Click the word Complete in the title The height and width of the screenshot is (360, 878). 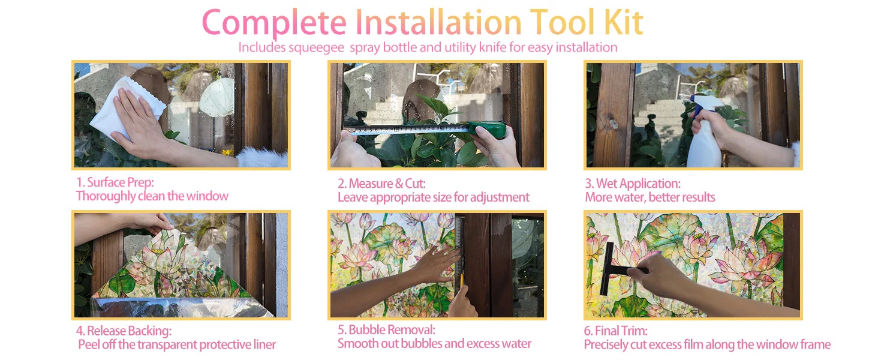click(x=274, y=23)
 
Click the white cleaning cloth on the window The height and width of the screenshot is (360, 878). click(x=127, y=108)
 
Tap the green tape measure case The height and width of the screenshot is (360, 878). click(x=488, y=130)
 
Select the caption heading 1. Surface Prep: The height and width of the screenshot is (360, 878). click(x=115, y=182)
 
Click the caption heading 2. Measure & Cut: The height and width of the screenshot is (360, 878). click(x=382, y=183)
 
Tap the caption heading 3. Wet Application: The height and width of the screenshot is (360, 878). click(x=633, y=184)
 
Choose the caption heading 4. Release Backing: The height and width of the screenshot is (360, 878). click(x=124, y=331)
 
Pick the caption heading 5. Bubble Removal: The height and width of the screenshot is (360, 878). click(x=386, y=330)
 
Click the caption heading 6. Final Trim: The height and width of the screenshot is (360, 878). click(x=616, y=331)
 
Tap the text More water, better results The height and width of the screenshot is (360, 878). click(x=650, y=197)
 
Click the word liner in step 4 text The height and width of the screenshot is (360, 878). click(x=264, y=345)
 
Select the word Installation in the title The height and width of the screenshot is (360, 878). click(x=438, y=22)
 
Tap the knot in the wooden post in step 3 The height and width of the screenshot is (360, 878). click(x=614, y=124)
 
